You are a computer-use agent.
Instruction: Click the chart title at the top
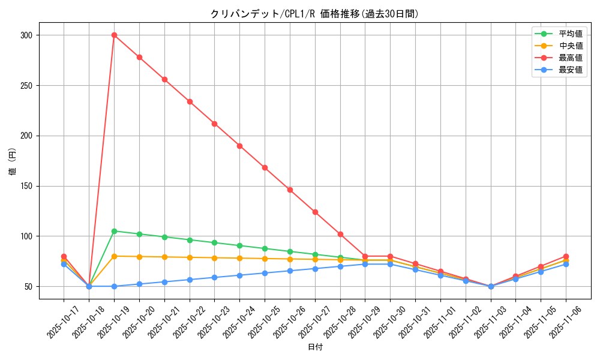(x=314, y=14)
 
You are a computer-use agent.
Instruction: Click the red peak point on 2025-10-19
(x=114, y=35)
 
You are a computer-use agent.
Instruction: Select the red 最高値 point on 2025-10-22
(x=190, y=101)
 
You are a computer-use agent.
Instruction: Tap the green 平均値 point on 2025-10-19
(x=114, y=231)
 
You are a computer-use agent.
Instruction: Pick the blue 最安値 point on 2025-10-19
(x=114, y=286)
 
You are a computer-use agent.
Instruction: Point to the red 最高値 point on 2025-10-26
(x=290, y=190)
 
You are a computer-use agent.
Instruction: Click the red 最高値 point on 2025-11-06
(x=566, y=256)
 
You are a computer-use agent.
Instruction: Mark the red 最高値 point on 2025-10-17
(x=64, y=256)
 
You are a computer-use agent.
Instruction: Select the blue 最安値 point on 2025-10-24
(x=239, y=275)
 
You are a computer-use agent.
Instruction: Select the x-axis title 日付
(x=314, y=347)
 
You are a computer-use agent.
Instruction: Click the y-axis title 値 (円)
(x=12, y=161)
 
